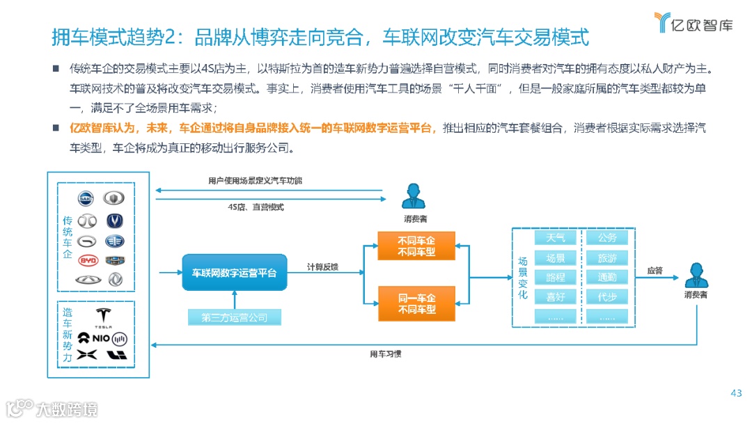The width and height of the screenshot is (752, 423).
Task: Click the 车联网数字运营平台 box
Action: (234, 273)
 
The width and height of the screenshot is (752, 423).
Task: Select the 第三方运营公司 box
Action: (234, 318)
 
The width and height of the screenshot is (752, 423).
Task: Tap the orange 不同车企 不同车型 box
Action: (416, 246)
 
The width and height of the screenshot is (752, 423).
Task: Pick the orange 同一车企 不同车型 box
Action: (416, 303)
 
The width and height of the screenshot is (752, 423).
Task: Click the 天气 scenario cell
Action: (555, 238)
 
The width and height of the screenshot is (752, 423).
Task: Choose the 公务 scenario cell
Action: (607, 238)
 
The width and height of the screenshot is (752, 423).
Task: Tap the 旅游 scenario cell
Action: (607, 258)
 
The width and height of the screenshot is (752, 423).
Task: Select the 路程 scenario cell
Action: (555, 278)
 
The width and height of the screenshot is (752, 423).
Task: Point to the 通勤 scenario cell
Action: (607, 278)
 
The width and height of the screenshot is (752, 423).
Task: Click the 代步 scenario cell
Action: (607, 297)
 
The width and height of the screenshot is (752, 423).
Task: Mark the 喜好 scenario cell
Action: (555, 297)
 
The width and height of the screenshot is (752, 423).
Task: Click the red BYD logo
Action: (87, 261)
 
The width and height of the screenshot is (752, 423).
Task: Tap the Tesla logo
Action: (102, 317)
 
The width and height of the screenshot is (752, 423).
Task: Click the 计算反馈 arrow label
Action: (322, 266)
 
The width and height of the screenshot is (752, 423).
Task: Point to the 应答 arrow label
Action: (655, 270)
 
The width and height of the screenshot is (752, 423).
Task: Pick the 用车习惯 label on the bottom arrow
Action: (384, 354)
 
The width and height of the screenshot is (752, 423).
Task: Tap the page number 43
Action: (736, 394)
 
